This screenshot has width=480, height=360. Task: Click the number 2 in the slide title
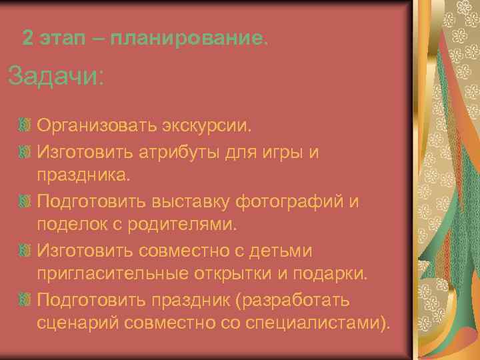click(x=27, y=37)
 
